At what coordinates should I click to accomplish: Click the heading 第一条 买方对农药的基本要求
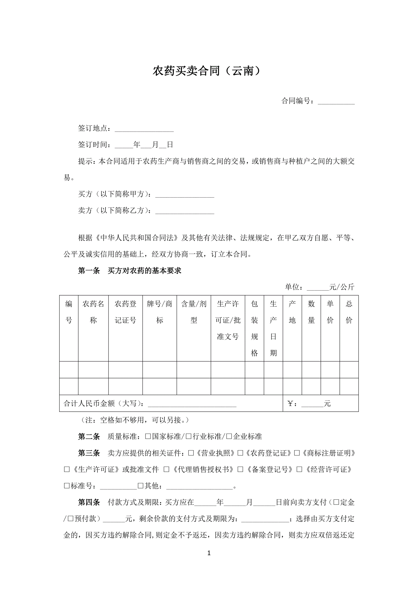pyautogui.click(x=129, y=271)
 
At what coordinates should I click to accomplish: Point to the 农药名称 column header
pyautogui.click(x=93, y=312)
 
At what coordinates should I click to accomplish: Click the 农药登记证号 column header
pyautogui.click(x=125, y=312)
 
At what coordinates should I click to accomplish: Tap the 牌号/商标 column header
pyautogui.click(x=159, y=312)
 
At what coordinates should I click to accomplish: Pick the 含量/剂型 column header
pyautogui.click(x=194, y=312)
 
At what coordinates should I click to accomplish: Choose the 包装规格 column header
pyautogui.click(x=254, y=328)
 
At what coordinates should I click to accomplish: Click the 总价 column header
pyautogui.click(x=349, y=312)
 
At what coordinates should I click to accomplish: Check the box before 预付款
pyautogui.click(x=70, y=519)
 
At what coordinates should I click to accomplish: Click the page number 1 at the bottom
pyautogui.click(x=209, y=553)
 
